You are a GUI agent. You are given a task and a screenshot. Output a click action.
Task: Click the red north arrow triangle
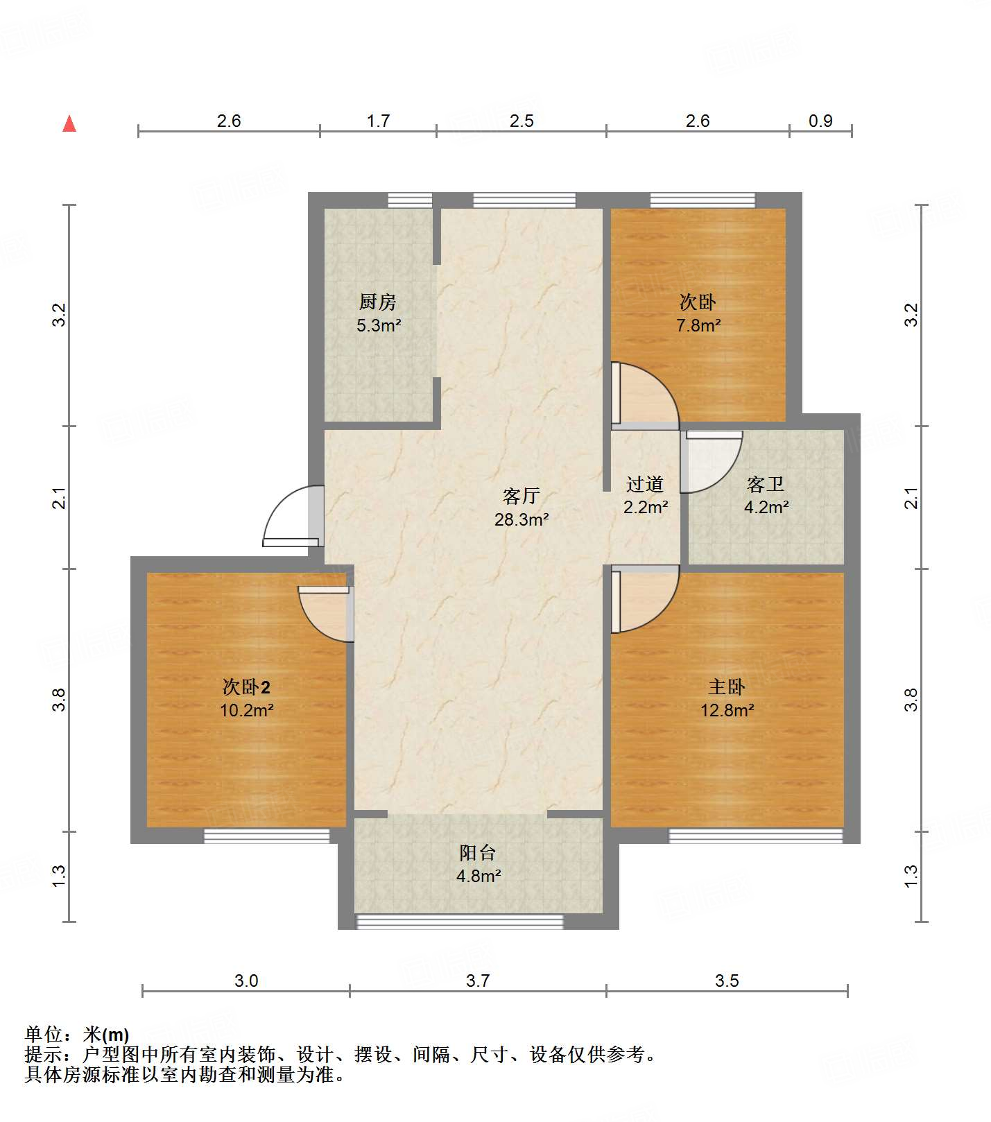coord(69,123)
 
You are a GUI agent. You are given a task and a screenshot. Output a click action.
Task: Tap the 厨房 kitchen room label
coord(377,302)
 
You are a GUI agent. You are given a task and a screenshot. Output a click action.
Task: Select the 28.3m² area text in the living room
coord(522,519)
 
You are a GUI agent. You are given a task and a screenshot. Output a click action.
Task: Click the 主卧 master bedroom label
coord(726,687)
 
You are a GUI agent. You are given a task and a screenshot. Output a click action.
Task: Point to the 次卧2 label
coord(246,687)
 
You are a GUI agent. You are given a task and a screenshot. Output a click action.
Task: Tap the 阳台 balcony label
coord(478,852)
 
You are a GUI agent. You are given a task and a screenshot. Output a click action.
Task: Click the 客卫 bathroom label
coord(766,483)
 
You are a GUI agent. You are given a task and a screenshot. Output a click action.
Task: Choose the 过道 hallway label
coord(645,483)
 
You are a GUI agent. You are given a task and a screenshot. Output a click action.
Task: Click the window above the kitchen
coord(410,200)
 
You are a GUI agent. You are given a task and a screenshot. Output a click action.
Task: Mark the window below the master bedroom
coord(755,836)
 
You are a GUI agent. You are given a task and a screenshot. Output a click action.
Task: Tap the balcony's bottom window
coord(459,922)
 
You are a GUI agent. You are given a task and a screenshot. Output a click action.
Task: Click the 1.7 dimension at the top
coord(378,121)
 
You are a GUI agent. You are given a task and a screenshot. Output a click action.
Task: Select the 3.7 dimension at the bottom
coord(478,981)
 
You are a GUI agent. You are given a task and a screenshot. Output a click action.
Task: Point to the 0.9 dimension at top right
coord(820,121)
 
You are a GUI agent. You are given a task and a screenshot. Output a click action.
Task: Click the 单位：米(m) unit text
coord(77,1035)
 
